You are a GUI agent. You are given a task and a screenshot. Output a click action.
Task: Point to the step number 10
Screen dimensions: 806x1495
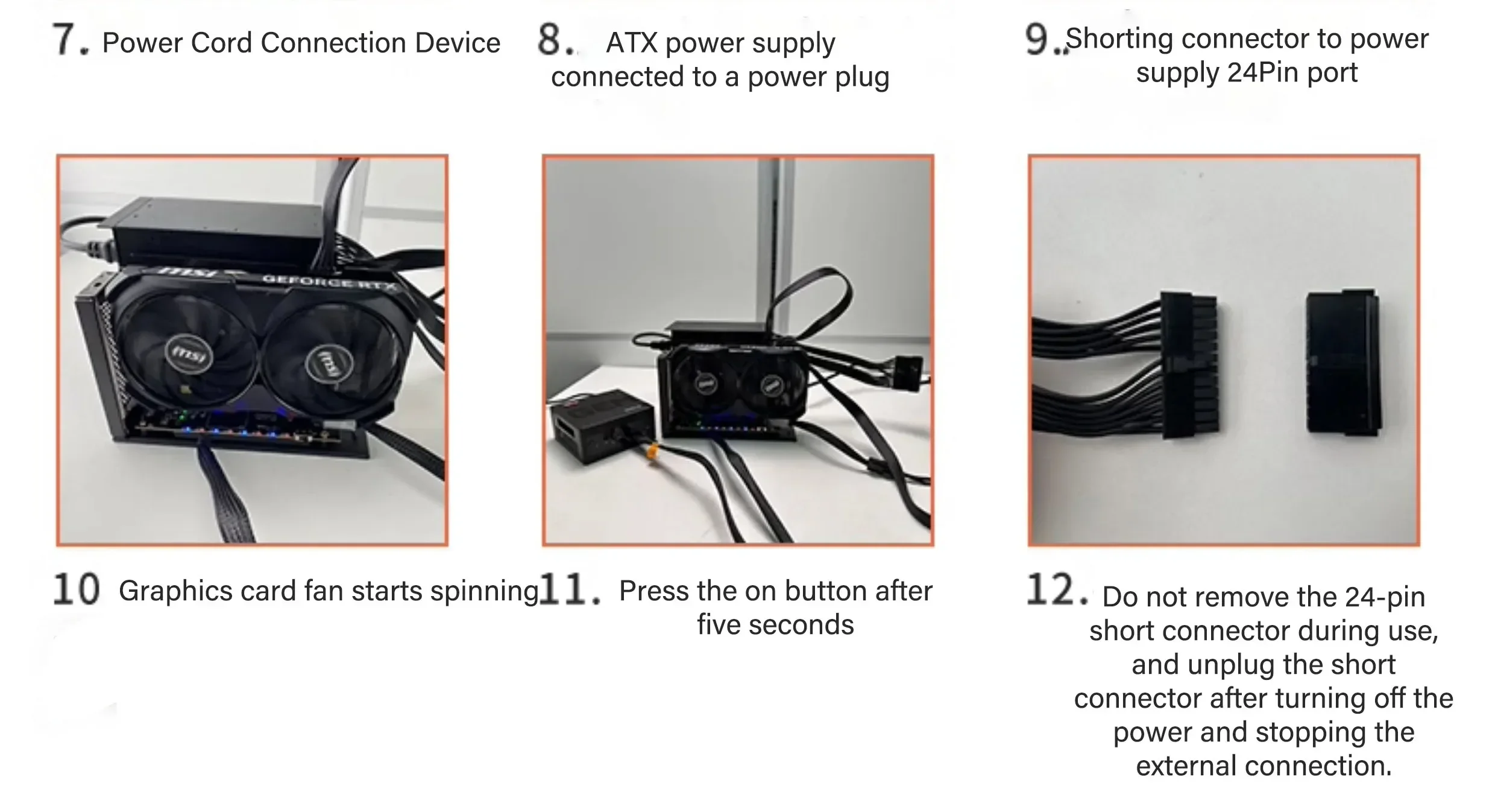tap(76, 589)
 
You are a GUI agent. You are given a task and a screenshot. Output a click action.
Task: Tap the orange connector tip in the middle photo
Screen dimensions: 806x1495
tap(653, 452)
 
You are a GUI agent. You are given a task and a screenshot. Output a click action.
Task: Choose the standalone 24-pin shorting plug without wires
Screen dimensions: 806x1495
tap(1342, 362)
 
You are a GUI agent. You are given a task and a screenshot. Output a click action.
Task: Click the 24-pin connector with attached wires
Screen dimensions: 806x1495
tap(1188, 365)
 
